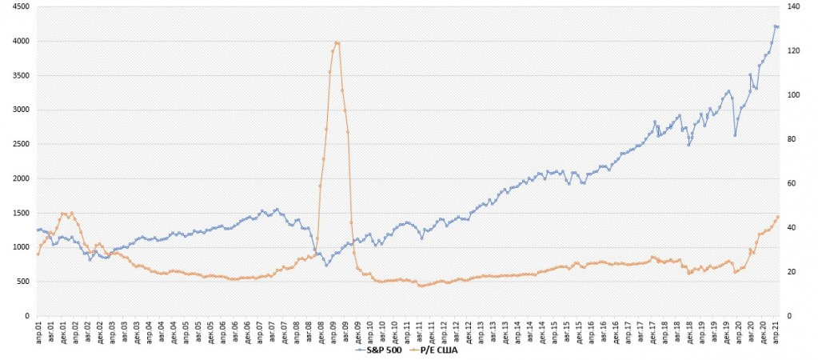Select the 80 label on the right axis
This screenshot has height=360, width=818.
point(791,139)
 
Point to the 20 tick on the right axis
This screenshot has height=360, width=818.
point(791,272)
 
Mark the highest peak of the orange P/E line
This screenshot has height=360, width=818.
point(337,42)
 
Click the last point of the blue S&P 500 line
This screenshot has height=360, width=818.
point(777,27)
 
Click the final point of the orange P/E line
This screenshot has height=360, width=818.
point(777,216)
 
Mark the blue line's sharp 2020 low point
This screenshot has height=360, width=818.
point(735,135)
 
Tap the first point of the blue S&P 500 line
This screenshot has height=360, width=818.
point(37,230)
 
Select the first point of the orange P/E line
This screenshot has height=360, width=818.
point(37,254)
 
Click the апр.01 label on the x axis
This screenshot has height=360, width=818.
point(38,329)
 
